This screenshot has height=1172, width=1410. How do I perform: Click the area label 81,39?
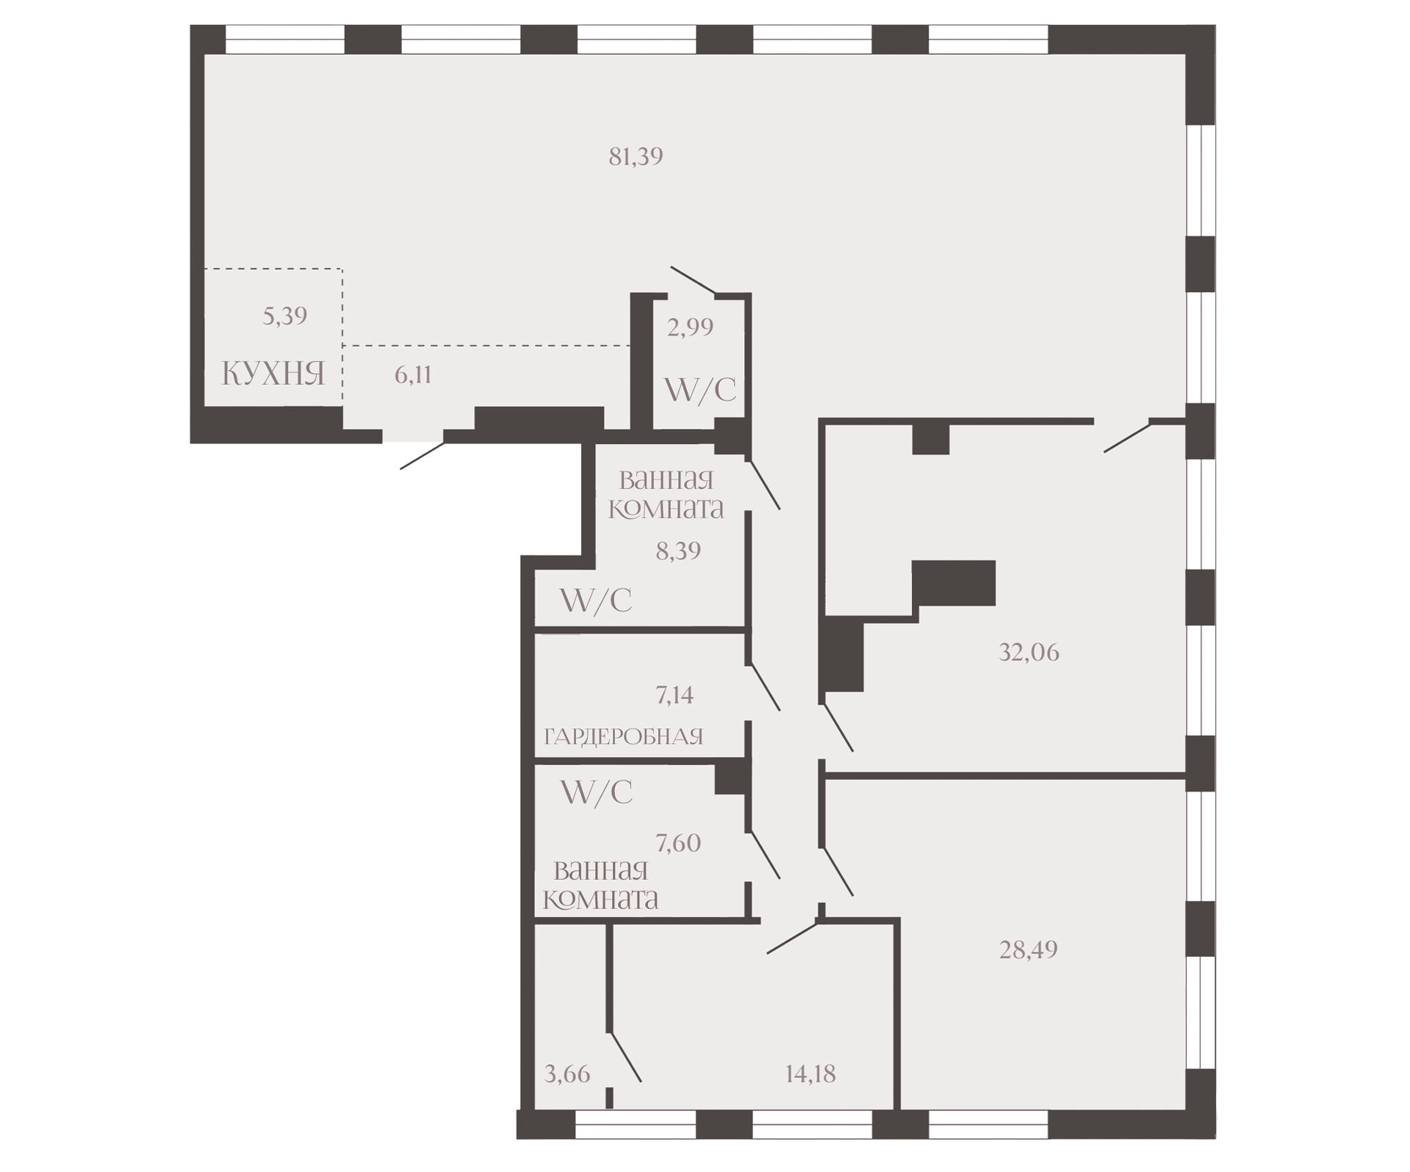tap(636, 156)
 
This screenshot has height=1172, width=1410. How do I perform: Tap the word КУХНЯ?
tap(273, 374)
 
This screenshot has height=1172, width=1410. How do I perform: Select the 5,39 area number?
tap(285, 316)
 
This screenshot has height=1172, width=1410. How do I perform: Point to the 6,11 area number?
tap(413, 375)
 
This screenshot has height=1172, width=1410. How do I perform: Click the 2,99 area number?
tap(690, 327)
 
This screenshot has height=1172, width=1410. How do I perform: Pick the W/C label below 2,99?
tap(699, 390)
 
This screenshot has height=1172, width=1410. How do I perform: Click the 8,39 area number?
tap(678, 551)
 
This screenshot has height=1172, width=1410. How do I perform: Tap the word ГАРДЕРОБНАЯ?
tap(624, 736)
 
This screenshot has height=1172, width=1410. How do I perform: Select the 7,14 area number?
tap(675, 695)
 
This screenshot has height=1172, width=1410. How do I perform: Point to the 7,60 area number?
tap(678, 842)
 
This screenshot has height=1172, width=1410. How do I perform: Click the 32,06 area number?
tap(1029, 652)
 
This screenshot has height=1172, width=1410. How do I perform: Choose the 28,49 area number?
tap(1028, 949)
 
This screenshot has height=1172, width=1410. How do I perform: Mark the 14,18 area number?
tap(810, 1074)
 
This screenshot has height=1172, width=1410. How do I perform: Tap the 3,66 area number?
tap(567, 1074)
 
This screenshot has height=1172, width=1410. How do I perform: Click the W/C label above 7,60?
tap(596, 792)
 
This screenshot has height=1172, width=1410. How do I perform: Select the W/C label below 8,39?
tap(595, 601)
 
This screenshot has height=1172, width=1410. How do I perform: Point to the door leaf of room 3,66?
tap(625, 1057)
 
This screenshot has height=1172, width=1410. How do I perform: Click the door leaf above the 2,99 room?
tap(694, 281)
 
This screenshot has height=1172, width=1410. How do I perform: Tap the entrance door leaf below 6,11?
tap(422, 455)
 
